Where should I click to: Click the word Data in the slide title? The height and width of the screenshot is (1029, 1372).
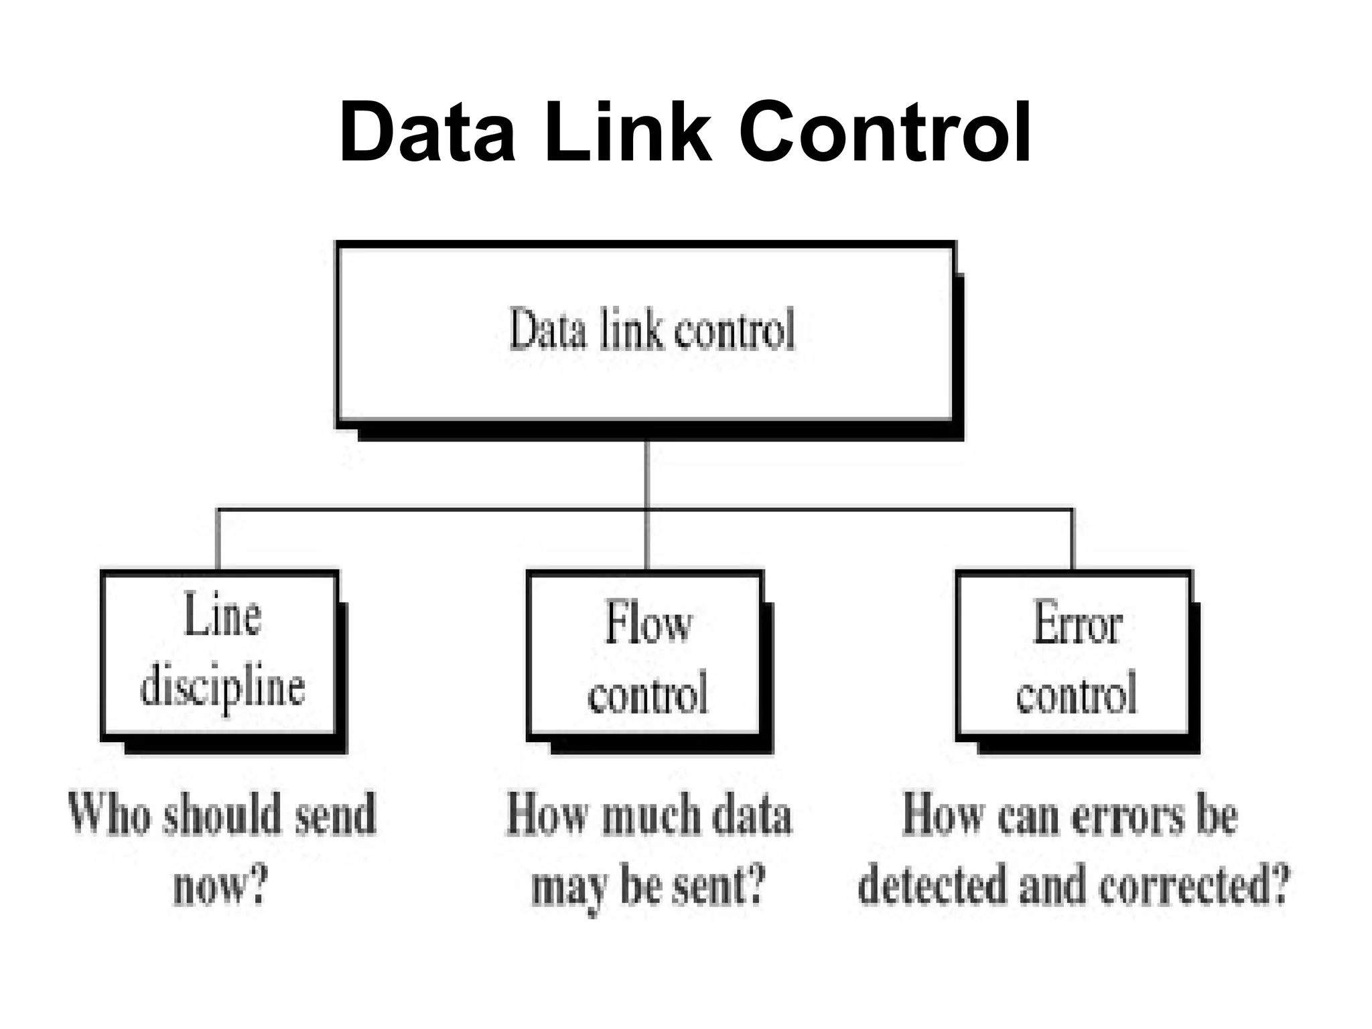point(427,132)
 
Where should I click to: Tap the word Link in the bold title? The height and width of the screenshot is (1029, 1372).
point(628,132)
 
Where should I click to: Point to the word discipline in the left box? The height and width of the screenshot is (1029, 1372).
point(222,689)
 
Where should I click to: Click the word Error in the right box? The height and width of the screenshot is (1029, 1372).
point(1077,624)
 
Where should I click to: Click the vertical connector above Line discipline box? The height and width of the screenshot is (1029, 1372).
point(218,540)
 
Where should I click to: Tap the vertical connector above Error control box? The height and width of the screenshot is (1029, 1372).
point(1073,540)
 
